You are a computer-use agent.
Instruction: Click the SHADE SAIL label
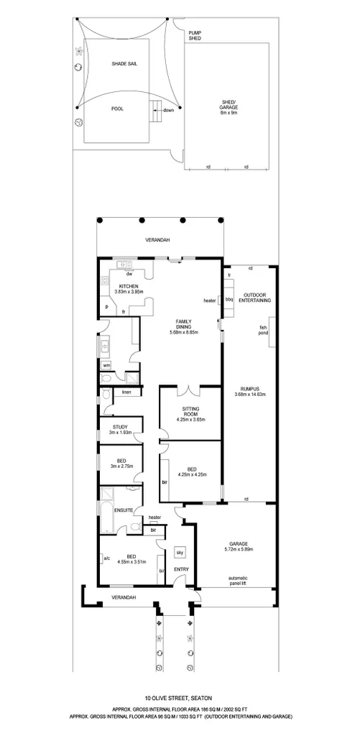(124, 64)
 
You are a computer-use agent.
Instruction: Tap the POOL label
(117, 109)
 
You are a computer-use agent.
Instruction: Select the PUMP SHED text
(195, 35)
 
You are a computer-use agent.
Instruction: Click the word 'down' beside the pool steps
(168, 110)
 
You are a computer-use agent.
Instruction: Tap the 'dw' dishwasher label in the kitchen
(129, 274)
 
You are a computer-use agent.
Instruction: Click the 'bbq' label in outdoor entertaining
(230, 299)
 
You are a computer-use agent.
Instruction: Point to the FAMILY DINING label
(183, 327)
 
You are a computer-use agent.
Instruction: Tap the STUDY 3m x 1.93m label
(120, 430)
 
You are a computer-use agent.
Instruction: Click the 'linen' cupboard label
(126, 392)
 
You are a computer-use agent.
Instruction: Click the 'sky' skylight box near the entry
(180, 553)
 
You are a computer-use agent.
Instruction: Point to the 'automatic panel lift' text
(238, 581)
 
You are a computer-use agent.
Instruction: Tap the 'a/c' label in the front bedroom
(106, 558)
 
